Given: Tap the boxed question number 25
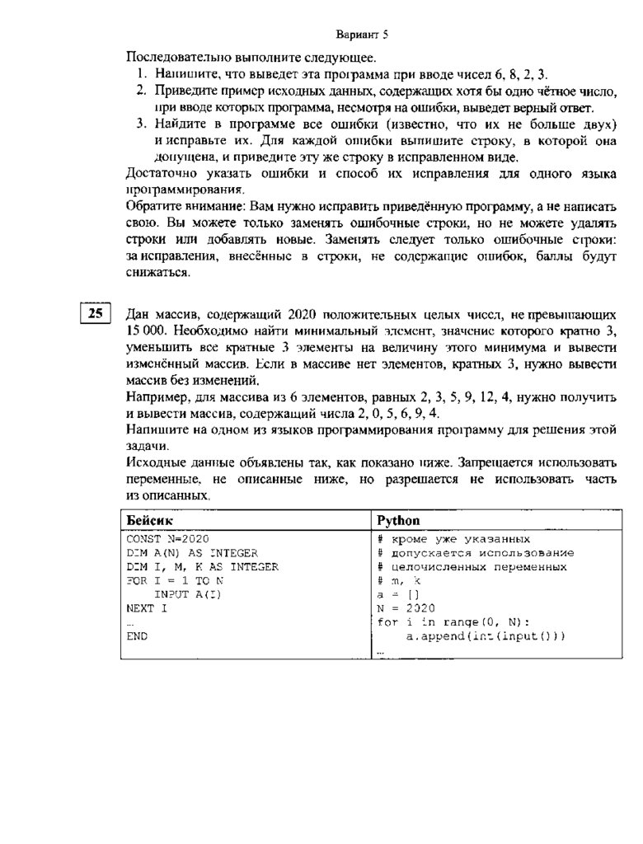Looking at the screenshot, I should coord(96,313).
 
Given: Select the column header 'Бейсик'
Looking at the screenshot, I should coord(148,521).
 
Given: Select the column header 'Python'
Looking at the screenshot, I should coord(398,521).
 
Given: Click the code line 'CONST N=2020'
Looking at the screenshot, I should coord(162,538).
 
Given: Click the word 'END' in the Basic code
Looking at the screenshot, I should coord(137,636).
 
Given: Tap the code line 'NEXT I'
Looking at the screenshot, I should coord(147,608).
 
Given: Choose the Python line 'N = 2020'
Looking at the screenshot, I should coord(406,608).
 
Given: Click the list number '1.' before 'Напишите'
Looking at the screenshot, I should coord(142,74).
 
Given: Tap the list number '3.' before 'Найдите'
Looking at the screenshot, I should coord(142,124).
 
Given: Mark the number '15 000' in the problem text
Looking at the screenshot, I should coord(146,331).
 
